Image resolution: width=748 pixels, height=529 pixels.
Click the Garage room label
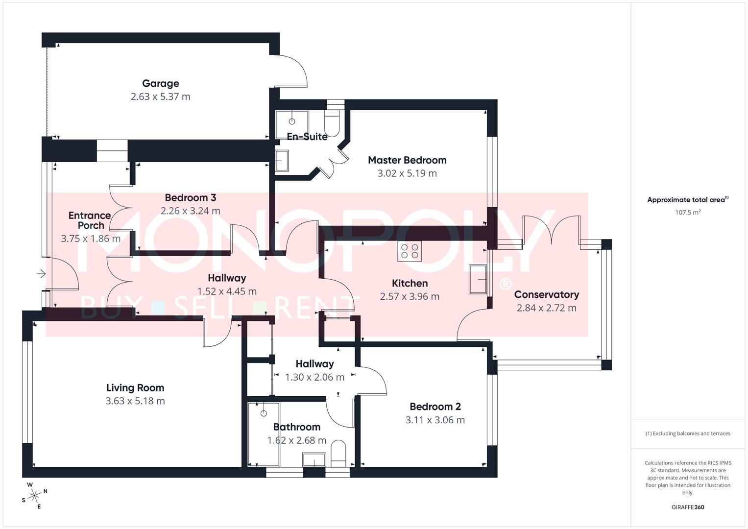[160, 84]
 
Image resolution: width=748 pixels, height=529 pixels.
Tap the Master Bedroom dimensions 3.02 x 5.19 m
[407, 173]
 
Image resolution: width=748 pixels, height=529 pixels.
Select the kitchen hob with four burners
[410, 251]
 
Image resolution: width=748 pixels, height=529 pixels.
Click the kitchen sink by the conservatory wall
[478, 279]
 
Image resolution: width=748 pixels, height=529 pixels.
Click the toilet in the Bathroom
[338, 454]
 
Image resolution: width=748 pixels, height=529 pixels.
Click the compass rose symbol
[34, 496]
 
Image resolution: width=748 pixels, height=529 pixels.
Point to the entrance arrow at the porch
[41, 273]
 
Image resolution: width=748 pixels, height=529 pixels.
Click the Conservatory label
[546, 295]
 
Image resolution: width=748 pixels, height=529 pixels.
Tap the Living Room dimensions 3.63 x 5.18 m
[135, 401]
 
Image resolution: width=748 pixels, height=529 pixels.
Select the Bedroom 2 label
[435, 407]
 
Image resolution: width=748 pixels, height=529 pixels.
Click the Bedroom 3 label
[190, 198]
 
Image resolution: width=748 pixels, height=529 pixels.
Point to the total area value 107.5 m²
[688, 213]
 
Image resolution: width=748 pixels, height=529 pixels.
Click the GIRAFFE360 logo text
[688, 507]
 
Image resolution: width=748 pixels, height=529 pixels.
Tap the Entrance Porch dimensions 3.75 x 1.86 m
[91, 239]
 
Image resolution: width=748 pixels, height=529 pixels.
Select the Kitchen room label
[410, 284]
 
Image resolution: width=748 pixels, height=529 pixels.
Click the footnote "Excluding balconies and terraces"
[688, 433]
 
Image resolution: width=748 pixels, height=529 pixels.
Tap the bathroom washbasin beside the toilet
[314, 460]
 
